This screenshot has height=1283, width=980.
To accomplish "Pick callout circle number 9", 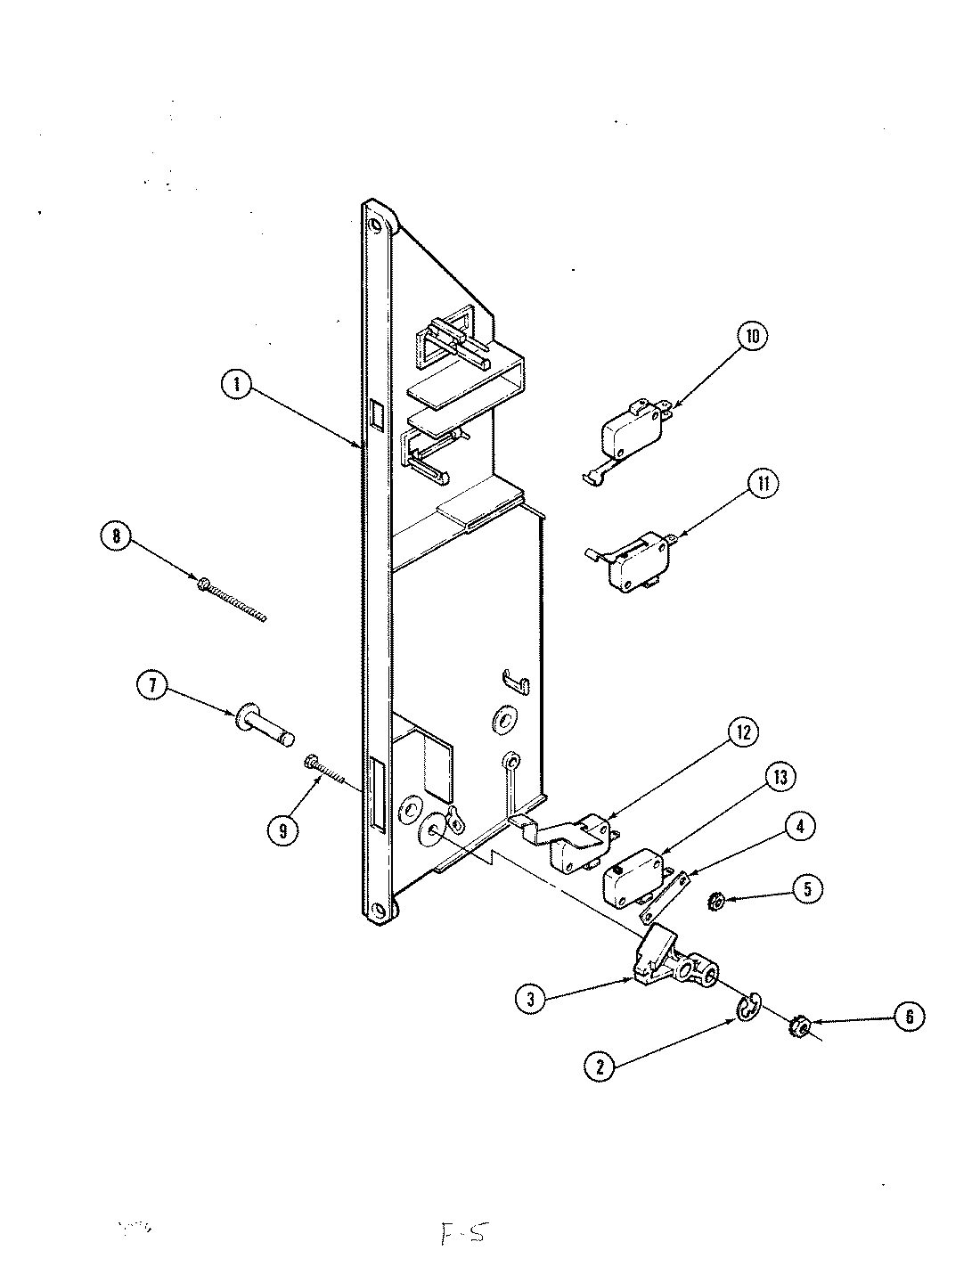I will [283, 830].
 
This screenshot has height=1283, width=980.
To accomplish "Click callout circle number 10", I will [752, 336].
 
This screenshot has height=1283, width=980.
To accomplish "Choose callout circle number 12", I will [743, 732].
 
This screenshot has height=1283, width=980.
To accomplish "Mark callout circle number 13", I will [780, 777].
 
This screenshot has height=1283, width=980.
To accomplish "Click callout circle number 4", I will [800, 827].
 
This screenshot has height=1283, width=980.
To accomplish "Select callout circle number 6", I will [908, 1017].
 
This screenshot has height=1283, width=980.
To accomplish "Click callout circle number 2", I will [600, 1066].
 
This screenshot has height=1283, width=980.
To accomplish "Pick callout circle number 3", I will [531, 1000].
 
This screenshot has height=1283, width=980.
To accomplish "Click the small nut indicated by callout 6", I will [799, 1029].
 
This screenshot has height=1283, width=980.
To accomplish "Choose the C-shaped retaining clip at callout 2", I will [747, 1008].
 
